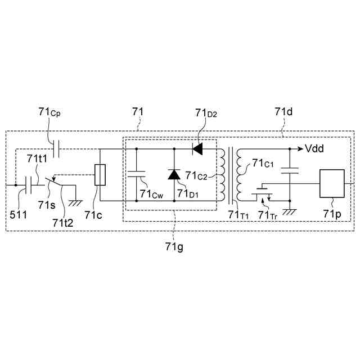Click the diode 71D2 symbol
[x=196, y=149]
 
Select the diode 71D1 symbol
[x=174, y=174]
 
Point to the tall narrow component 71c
[x=100, y=174]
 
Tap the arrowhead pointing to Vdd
[x=299, y=149]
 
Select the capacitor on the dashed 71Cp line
[x=56, y=149]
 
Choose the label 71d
[x=283, y=112]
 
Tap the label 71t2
[x=64, y=223]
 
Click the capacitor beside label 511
[x=28, y=184]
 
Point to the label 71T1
[x=236, y=214]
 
